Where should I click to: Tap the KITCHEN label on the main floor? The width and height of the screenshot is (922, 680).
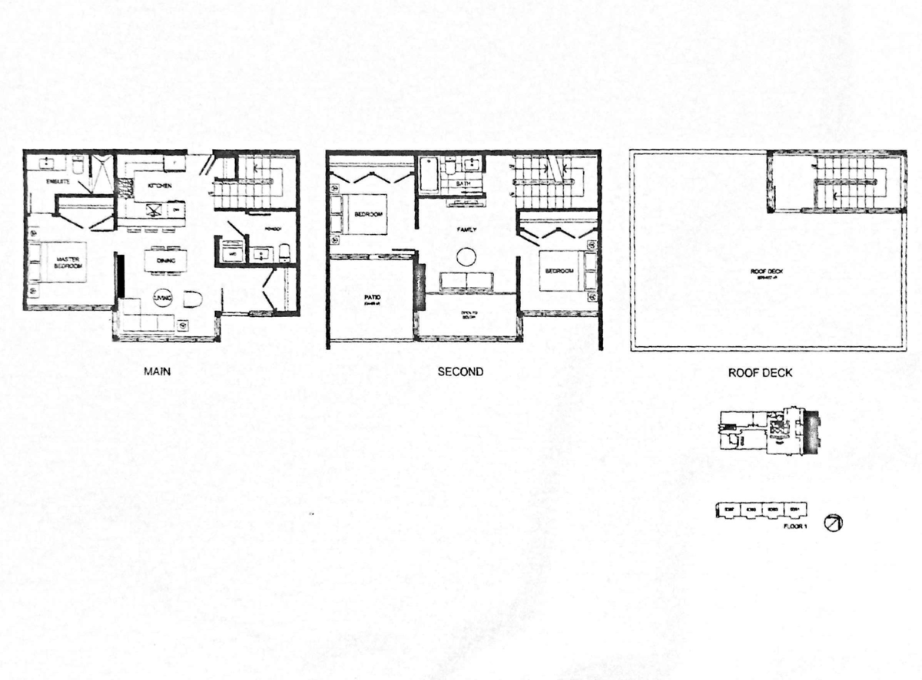coord(148,186)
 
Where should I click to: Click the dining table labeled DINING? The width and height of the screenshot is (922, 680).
coord(164,259)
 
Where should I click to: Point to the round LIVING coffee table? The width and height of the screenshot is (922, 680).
coord(164,297)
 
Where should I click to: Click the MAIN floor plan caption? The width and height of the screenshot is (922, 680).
coord(157,372)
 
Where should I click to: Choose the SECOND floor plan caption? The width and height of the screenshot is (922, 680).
coord(460,372)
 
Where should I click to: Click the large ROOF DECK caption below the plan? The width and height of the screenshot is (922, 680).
coord(760,373)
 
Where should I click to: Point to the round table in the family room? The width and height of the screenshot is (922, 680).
coord(467,257)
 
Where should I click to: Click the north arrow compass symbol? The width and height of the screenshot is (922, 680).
coord(833,523)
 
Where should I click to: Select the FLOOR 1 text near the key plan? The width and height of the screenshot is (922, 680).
coord(794,527)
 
